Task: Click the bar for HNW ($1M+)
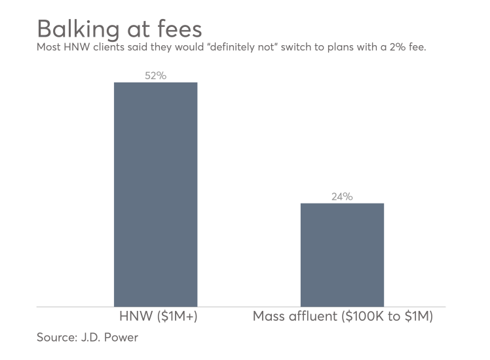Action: pos(155,194)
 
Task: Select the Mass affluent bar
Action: pos(342,254)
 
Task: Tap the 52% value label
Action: pos(155,76)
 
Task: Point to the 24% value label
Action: pos(342,196)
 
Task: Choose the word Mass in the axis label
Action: pos(269,316)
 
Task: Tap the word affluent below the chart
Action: pos(313,316)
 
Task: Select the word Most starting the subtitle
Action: pos(48,48)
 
